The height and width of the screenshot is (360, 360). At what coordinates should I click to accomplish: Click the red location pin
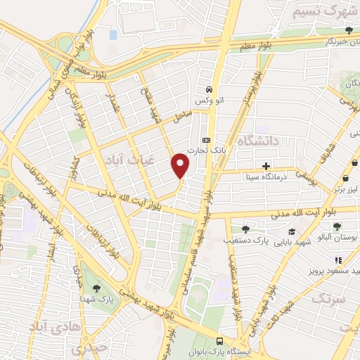[181, 165]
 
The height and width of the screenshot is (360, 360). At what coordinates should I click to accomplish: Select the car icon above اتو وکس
[209, 91]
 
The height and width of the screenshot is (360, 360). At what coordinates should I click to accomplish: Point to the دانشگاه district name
[258, 141]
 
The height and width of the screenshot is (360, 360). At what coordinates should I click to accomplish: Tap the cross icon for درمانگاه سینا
[266, 167]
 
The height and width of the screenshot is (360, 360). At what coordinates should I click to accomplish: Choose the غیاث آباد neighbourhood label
[123, 160]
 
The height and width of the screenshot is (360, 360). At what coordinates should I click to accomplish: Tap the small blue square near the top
[113, 34]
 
